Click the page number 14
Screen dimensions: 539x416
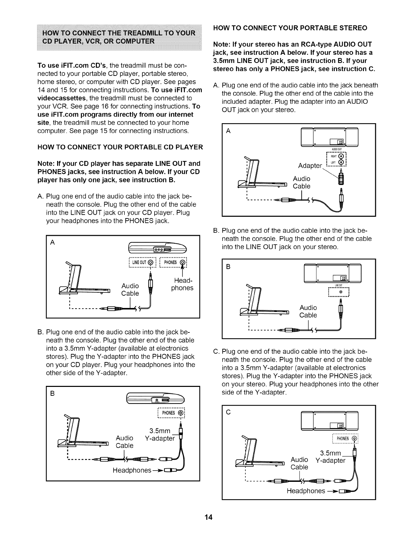pos(208,518)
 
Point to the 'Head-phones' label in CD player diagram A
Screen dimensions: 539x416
pos(182,284)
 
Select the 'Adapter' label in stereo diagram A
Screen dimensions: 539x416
pos(310,166)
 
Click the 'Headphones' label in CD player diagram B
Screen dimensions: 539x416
pos(132,470)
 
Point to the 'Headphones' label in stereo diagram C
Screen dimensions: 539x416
pos(306,491)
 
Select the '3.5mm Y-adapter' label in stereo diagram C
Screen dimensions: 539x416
pos(330,457)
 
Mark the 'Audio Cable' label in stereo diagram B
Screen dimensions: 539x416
pos(308,311)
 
